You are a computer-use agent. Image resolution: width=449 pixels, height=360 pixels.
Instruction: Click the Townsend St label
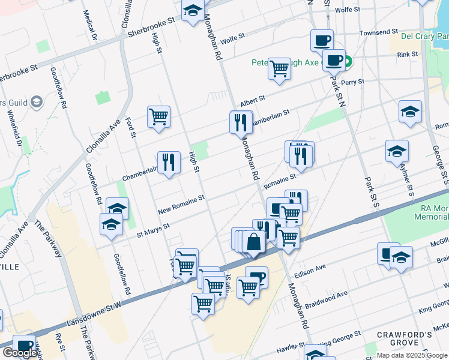point(379,32)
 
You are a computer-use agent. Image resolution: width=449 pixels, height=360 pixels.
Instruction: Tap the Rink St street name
point(408,55)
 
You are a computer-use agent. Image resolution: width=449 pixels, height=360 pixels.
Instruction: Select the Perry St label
point(349,82)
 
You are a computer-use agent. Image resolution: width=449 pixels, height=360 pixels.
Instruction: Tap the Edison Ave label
point(310,266)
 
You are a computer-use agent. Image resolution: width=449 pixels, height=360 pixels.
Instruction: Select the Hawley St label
point(290,349)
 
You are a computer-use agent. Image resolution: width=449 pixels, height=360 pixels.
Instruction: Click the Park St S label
point(372,193)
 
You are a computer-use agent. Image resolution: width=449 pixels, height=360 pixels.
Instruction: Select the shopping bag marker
point(254,242)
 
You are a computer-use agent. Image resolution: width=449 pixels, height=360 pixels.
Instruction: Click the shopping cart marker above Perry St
point(279,70)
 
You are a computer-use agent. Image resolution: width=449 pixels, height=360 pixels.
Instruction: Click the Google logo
point(20,353)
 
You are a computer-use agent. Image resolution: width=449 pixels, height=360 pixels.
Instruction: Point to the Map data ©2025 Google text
point(412,355)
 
